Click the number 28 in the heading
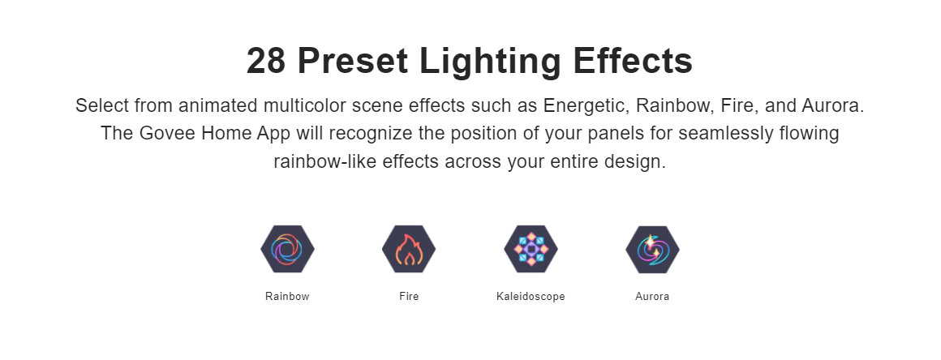point(266,61)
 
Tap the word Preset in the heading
point(353,61)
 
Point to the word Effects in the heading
point(633,61)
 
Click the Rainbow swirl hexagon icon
point(287,249)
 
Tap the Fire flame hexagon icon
point(409,249)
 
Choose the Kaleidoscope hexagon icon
point(531,249)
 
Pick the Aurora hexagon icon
point(652,249)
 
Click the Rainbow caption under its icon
point(287,297)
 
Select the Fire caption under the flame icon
point(409,297)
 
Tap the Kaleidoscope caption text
point(531,297)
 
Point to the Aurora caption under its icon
point(652,297)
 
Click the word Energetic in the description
point(587,106)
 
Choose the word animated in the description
point(218,105)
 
